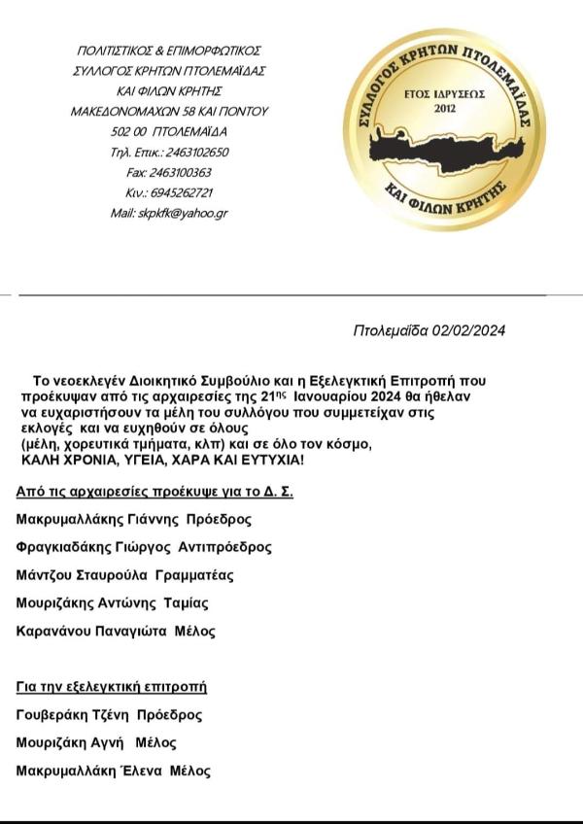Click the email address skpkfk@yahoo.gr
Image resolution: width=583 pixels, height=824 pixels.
(185, 213)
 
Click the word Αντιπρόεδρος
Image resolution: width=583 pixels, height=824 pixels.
(226, 547)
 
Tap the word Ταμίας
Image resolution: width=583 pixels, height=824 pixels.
(188, 603)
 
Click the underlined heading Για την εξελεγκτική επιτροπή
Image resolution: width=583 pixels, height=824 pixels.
(112, 687)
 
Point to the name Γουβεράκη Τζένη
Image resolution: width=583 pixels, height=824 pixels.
(73, 715)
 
